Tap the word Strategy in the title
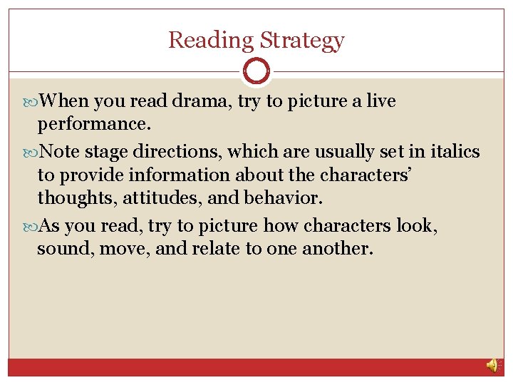(302, 41)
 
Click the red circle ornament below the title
(256, 71)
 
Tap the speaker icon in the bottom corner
(492, 365)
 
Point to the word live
(380, 101)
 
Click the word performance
(93, 125)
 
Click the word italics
(454, 151)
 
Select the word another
(337, 250)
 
